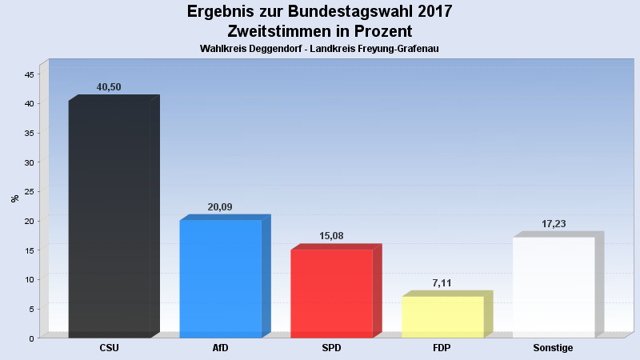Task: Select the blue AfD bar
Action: click(x=221, y=278)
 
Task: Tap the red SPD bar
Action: click(x=331, y=293)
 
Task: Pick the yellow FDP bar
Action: click(x=442, y=317)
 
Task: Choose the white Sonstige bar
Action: click(x=554, y=287)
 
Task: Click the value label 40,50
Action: click(x=109, y=87)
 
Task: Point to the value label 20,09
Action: click(x=220, y=206)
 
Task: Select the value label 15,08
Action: click(x=331, y=236)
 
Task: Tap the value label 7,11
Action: click(x=442, y=282)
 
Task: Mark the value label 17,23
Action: click(x=554, y=223)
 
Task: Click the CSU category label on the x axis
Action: click(x=110, y=348)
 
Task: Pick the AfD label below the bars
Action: click(x=221, y=348)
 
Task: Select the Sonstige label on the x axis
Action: click(x=554, y=348)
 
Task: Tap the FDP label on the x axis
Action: click(x=442, y=348)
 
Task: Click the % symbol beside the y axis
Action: click(x=14, y=198)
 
